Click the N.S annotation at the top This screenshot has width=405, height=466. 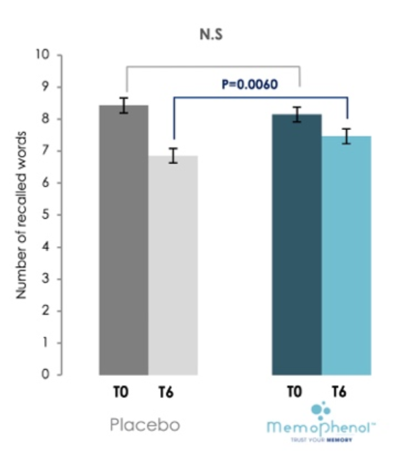tap(211, 35)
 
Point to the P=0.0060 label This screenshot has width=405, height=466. tap(249, 84)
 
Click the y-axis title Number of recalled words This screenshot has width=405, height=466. tap(21, 215)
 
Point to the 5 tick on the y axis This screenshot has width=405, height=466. tap(47, 215)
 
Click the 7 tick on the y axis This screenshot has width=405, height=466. tap(47, 151)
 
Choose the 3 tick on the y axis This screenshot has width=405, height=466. tap(47, 279)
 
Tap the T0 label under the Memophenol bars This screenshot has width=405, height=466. tap(294, 392)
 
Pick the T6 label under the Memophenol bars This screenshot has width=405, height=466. tap(339, 392)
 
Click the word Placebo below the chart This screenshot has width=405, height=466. tap(145, 425)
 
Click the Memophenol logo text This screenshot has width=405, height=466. tap(320, 428)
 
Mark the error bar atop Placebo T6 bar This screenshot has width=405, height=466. tap(173, 155)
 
